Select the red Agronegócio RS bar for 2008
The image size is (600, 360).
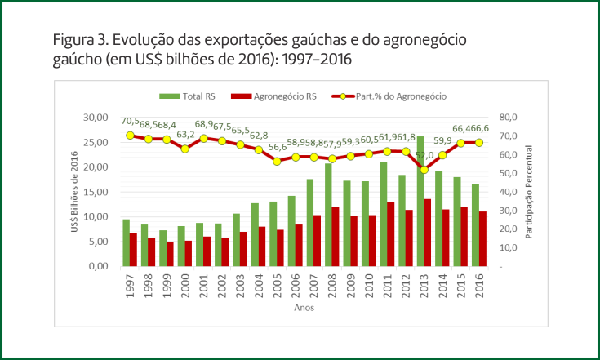[335, 237]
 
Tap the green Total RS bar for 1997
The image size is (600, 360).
[127, 242]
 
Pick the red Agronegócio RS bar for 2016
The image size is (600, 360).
[482, 239]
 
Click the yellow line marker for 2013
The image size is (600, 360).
[424, 170]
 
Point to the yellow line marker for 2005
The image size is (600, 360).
[277, 162]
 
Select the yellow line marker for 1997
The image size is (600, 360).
[130, 136]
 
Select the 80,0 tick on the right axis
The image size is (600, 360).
[508, 118]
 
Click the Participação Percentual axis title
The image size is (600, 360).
[529, 192]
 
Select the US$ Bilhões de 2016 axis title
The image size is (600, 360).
[76, 193]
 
